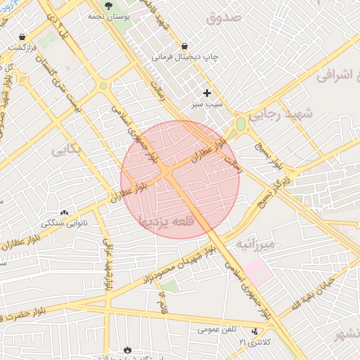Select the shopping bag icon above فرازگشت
tap(24, 36)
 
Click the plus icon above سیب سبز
tap(207, 93)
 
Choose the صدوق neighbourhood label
tap(224, 18)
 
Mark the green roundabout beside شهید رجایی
tap(241, 124)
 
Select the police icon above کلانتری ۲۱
tap(255, 330)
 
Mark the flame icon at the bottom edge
tap(127, 349)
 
